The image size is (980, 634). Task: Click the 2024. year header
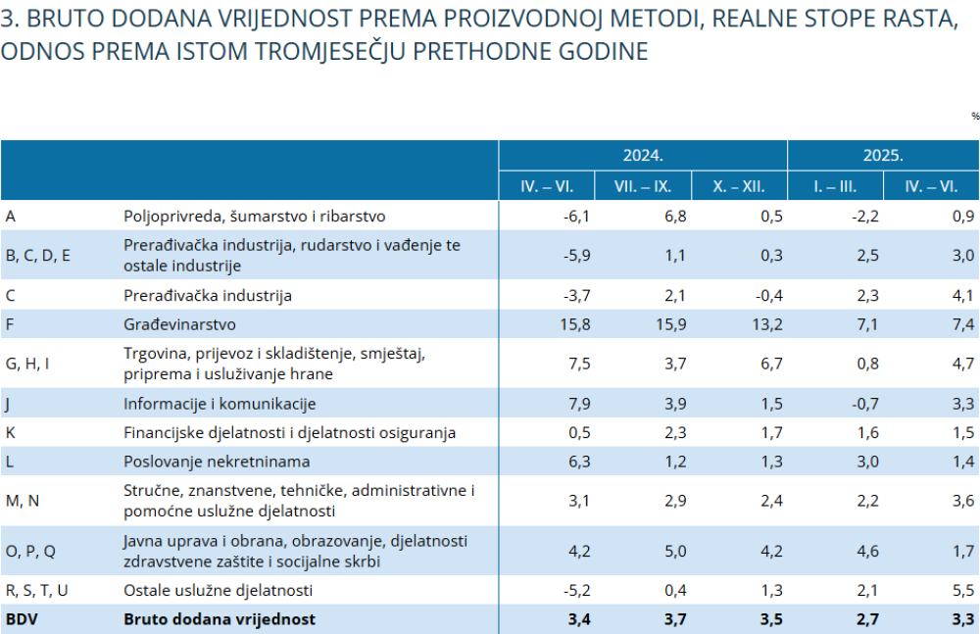[x=643, y=155]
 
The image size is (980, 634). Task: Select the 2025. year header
[x=883, y=155]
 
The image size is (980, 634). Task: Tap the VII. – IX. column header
[x=643, y=186]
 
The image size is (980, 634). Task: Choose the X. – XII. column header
[x=739, y=186]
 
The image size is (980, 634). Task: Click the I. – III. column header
[x=834, y=186]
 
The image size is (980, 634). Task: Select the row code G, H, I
[x=26, y=364]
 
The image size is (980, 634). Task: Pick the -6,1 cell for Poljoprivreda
[x=576, y=217]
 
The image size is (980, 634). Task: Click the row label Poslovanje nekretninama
[x=217, y=462]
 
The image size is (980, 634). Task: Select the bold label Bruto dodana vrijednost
[x=220, y=619]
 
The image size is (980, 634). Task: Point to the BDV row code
[x=22, y=619]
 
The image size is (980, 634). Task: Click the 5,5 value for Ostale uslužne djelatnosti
[x=963, y=590]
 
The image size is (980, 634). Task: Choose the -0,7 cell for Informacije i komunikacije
[x=865, y=404]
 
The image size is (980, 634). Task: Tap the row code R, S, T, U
[x=37, y=590]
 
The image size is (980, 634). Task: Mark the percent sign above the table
[x=975, y=117]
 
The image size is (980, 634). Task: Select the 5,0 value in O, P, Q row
[x=675, y=551]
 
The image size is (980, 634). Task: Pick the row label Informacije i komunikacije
[x=220, y=404]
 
